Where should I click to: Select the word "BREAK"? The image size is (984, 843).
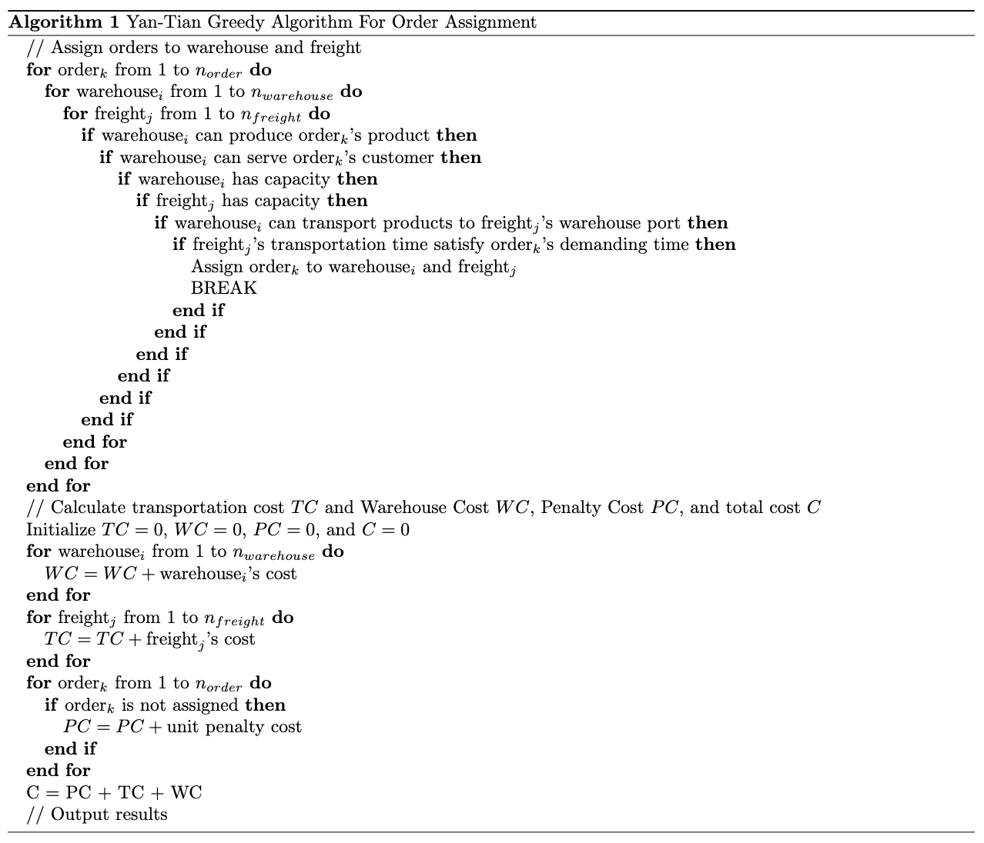(224, 288)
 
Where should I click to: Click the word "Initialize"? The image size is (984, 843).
(61, 529)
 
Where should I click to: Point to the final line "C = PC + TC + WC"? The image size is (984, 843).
(114, 792)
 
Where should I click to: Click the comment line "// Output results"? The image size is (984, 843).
(97, 814)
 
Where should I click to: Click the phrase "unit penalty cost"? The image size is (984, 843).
(234, 727)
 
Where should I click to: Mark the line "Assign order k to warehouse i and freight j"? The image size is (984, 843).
(353, 267)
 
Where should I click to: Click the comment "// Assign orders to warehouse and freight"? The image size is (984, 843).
(193, 48)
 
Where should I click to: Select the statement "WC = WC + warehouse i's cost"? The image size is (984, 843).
(170, 574)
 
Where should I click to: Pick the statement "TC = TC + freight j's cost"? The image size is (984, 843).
(149, 639)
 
